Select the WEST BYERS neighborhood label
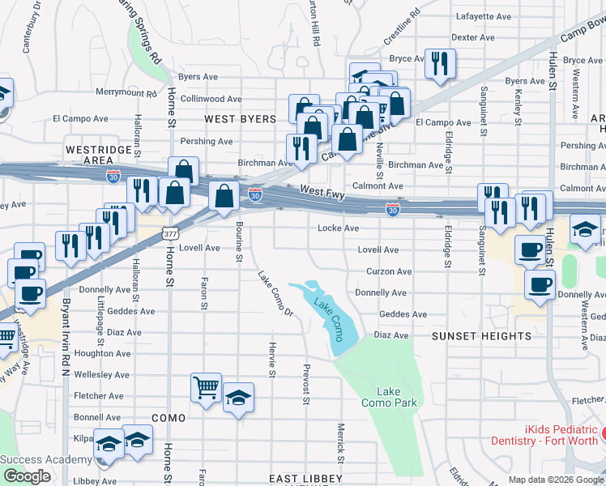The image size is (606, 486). tap(240, 119)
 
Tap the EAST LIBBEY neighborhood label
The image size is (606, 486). tap(305, 479)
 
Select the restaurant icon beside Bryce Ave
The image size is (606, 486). tap(440, 64)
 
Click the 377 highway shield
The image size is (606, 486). tap(169, 233)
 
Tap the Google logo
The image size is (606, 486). tap(26, 476)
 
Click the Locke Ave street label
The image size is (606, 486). tap(339, 228)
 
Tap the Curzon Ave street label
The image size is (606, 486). tap(389, 271)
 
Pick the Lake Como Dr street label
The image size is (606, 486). tap(275, 292)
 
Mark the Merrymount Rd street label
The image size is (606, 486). tap(126, 93)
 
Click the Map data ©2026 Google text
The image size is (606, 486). tap(556, 480)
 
